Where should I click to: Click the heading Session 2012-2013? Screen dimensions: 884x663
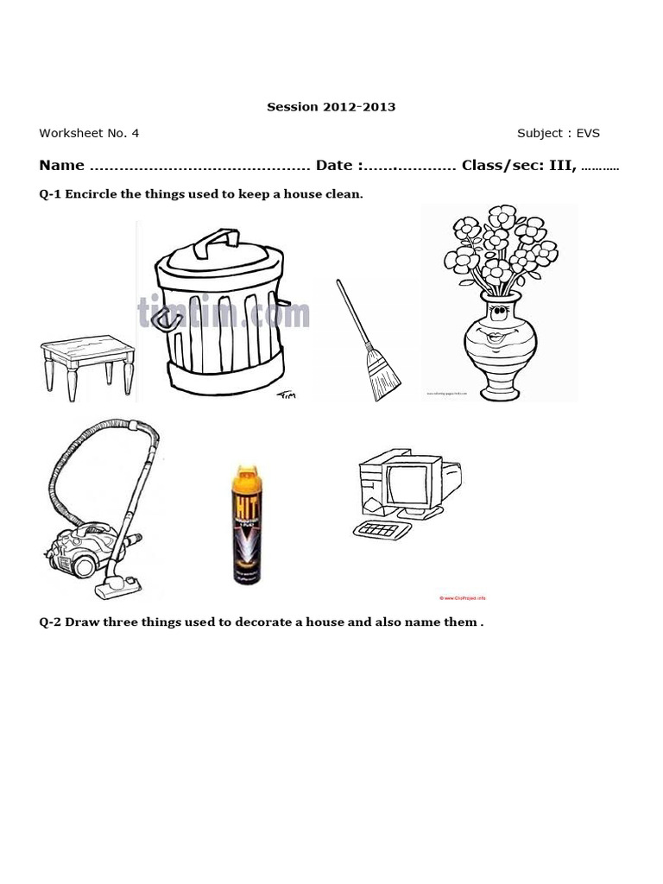point(331,107)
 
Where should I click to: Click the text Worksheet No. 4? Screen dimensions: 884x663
point(89,133)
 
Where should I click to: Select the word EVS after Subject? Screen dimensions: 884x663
point(588,133)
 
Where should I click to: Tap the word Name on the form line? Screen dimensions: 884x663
point(61,166)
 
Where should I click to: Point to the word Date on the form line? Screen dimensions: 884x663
point(334,166)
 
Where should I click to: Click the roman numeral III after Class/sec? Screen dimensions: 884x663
point(561,166)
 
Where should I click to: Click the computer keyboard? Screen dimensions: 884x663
point(382,529)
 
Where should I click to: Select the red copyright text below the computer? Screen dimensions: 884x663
point(464,597)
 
